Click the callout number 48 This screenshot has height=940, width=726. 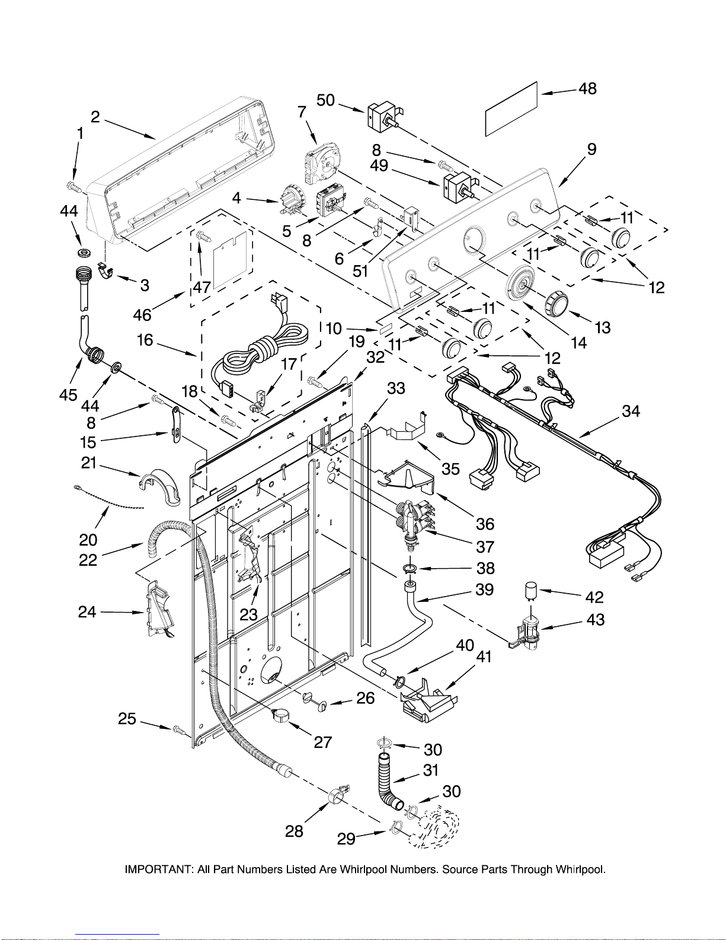tap(588, 89)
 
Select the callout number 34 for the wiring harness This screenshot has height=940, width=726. tap(631, 411)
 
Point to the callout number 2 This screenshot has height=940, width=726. tap(95, 116)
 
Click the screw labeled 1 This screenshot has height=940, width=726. tap(73, 187)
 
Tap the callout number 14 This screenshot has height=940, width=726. tap(578, 343)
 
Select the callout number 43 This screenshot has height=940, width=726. tap(595, 620)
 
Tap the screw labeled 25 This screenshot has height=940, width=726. tap(179, 730)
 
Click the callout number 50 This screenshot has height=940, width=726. tap(326, 100)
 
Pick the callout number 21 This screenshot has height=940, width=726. tap(88, 463)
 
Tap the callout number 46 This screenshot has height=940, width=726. tap(142, 315)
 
